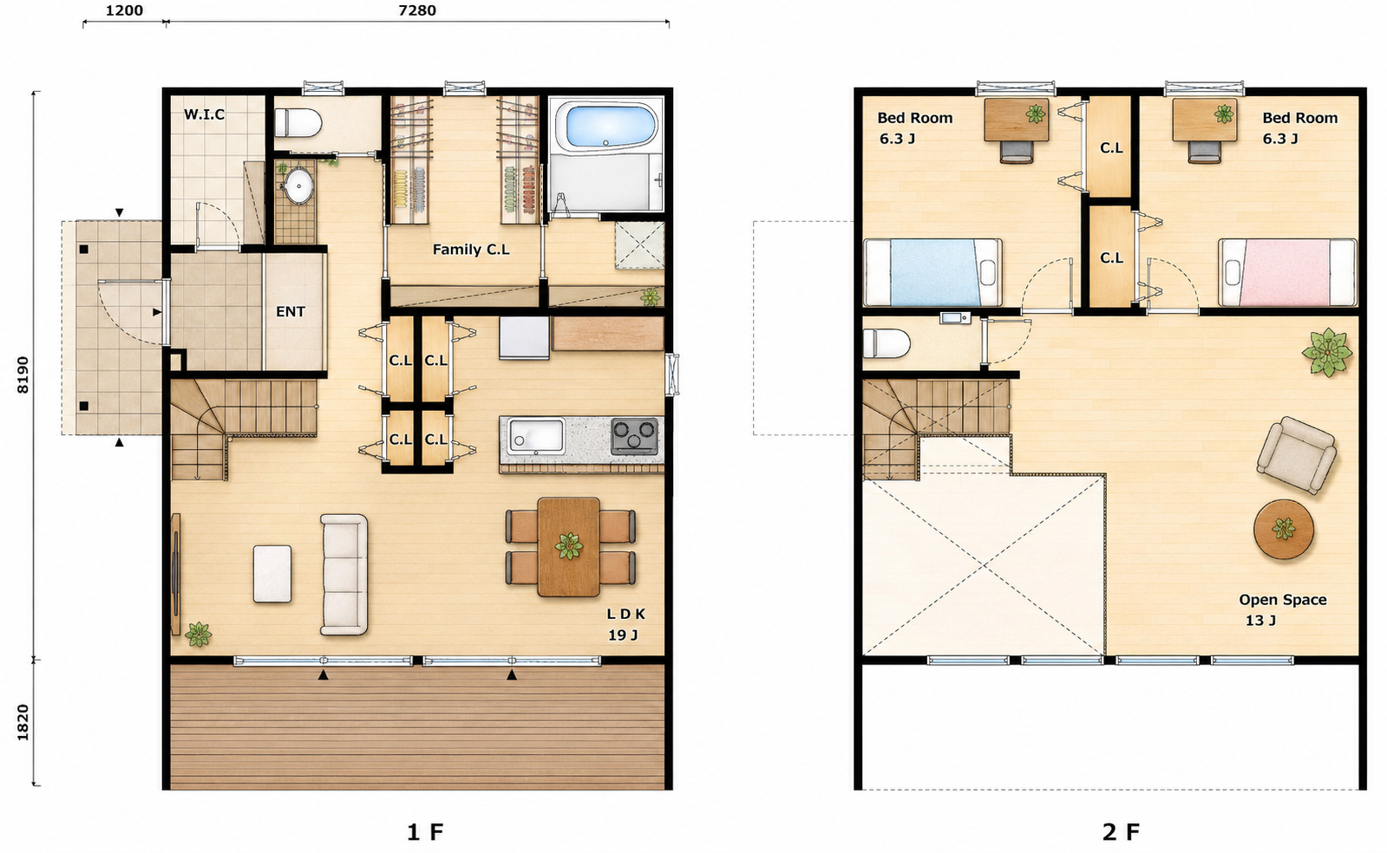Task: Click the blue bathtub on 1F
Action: (x=605, y=127)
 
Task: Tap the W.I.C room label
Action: (x=205, y=114)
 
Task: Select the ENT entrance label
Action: (x=291, y=311)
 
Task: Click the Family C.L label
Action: (x=471, y=250)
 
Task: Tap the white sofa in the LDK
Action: (x=343, y=575)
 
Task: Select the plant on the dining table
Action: (x=568, y=546)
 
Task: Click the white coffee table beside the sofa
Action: (x=272, y=573)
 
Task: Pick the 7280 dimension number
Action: (x=417, y=10)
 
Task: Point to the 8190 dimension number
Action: (x=23, y=374)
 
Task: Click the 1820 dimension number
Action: (x=23, y=722)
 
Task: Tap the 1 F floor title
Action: (x=425, y=832)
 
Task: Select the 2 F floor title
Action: (x=1121, y=832)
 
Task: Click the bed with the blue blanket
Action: (x=932, y=272)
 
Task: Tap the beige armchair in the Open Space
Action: (x=1297, y=455)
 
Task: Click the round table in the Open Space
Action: (x=1284, y=530)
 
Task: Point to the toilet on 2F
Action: (x=887, y=343)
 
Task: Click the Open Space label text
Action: (x=1283, y=600)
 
